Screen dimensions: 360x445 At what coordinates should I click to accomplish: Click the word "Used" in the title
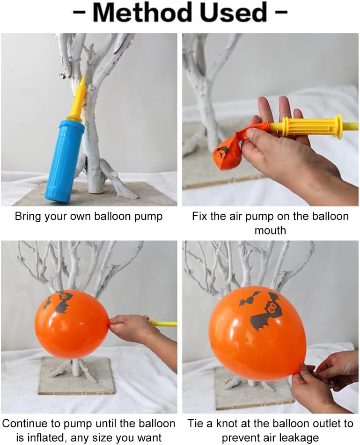point(234,13)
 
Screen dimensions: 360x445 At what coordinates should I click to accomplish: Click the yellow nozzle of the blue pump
point(77,98)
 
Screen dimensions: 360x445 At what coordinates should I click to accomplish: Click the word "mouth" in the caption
point(270,230)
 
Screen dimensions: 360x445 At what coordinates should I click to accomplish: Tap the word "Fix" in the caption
point(200,216)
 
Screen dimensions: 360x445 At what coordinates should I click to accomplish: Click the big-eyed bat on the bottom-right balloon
point(267,312)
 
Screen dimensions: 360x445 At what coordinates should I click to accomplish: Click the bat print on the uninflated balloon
point(222,151)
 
